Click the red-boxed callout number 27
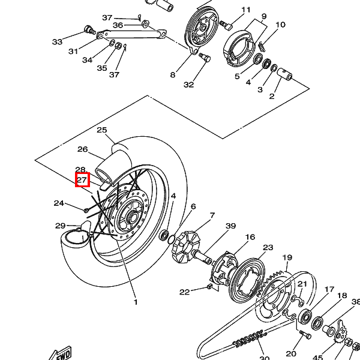82,179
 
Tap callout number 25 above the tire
102,130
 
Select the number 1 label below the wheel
136,302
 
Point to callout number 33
57,42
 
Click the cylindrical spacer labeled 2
284,74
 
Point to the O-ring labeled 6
171,239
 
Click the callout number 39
231,226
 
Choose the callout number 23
268,247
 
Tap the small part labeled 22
209,286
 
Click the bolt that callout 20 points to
306,334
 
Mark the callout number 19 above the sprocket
287,257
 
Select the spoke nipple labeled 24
86,210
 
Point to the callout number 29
61,226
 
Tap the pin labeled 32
205,56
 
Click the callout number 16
250,237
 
